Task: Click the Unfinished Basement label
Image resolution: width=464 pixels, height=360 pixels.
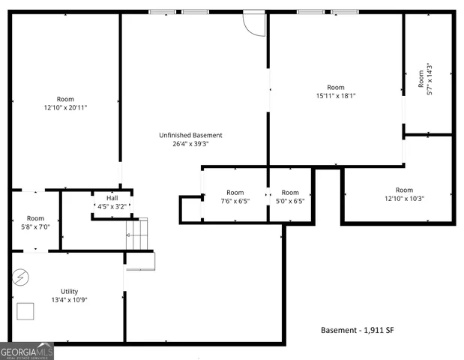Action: point(190,135)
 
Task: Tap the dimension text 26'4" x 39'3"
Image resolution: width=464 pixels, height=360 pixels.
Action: point(190,144)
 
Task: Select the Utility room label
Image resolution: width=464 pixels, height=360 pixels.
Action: point(69,292)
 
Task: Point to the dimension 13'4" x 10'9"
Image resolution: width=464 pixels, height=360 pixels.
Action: point(69,301)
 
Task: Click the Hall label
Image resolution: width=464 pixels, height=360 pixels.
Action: point(112,198)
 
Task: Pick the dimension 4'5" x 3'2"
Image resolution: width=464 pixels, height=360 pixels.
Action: point(112,206)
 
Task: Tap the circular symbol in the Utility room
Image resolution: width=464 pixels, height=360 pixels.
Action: point(20,277)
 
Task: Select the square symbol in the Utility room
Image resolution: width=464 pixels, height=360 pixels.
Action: point(25,311)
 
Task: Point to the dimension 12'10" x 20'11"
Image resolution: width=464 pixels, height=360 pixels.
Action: point(65,108)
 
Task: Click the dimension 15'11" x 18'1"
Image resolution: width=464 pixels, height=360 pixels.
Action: point(335,96)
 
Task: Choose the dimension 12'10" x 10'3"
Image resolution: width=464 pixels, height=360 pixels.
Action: point(404,199)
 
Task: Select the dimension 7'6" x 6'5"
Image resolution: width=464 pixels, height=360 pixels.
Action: point(235,202)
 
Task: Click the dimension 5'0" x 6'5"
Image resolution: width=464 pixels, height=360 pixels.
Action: point(289,202)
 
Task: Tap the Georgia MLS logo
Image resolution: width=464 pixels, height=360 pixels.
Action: point(27,351)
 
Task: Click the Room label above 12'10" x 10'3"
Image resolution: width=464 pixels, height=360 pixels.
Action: point(404,190)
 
